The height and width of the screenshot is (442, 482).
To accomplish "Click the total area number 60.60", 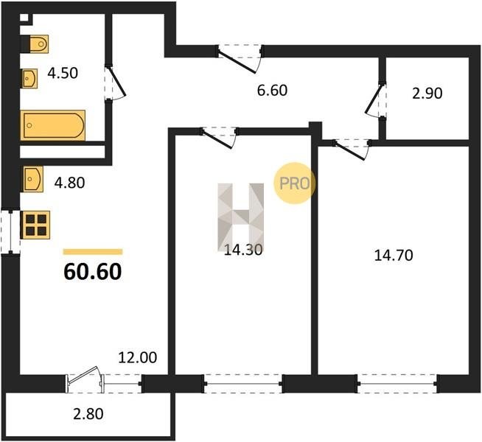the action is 93,272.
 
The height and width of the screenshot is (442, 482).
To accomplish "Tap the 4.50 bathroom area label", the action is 63,73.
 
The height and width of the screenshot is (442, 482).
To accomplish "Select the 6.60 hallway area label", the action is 272,91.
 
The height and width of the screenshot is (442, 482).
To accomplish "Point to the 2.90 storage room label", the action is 427,93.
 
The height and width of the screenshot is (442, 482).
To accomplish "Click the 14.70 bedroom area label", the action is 394,255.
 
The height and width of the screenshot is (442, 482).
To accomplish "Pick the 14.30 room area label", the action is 243,250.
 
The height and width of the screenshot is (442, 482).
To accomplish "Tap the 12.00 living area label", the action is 138,357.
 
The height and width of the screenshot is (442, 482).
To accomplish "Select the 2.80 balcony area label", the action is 88,414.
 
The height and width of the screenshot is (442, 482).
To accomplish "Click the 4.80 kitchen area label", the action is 69,183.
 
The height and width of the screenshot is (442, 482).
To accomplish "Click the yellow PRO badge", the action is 295,183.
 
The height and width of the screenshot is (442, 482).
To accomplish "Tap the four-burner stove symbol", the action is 35,225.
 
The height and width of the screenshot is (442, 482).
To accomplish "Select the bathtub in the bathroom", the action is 53,125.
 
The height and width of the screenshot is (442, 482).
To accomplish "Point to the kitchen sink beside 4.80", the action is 32,179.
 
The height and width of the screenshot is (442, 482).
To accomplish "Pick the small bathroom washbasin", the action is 29,79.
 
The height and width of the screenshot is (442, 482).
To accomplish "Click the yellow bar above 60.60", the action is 93,252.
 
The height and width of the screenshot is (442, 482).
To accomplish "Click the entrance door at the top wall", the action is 240,58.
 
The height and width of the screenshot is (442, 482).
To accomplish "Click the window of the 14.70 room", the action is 397,384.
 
